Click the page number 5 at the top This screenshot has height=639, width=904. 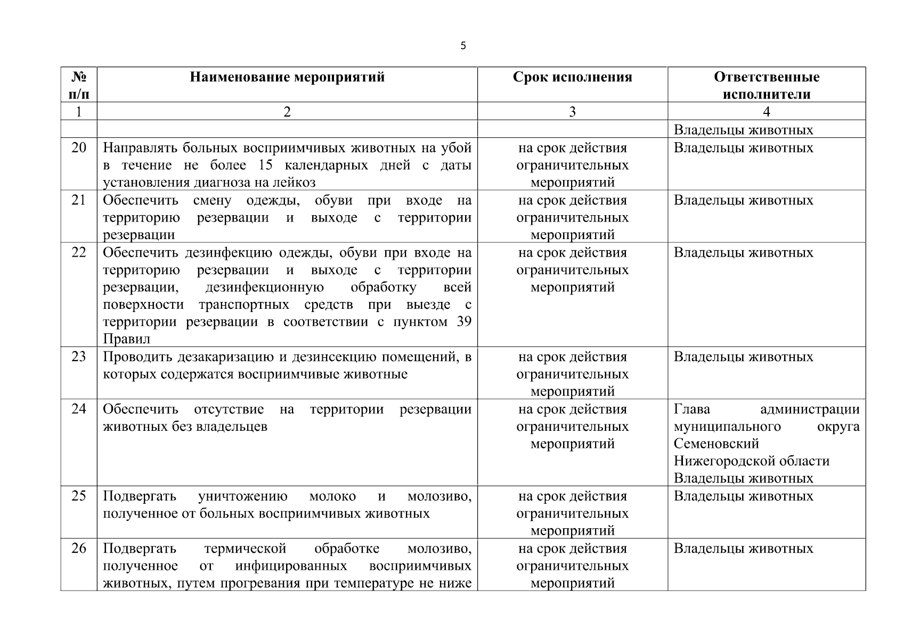coord(462,46)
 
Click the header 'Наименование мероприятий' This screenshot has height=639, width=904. coord(287,77)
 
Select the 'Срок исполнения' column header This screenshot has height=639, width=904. coord(572,77)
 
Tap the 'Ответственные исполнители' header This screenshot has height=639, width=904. coord(766,85)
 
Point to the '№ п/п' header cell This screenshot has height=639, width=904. coord(78,85)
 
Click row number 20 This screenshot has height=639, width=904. coord(78,148)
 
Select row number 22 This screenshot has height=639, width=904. coord(78,252)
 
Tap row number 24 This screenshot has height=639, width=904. coord(78,409)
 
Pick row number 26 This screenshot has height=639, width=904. coord(78,548)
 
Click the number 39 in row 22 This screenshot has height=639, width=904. coord(463,322)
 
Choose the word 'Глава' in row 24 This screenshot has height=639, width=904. coord(691,409)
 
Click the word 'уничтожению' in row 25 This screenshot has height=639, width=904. coord(242,496)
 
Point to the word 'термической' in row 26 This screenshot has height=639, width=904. coord(245,548)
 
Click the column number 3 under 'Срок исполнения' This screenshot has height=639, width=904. coord(572,111)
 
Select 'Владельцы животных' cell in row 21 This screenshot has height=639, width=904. coord(743,200)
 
